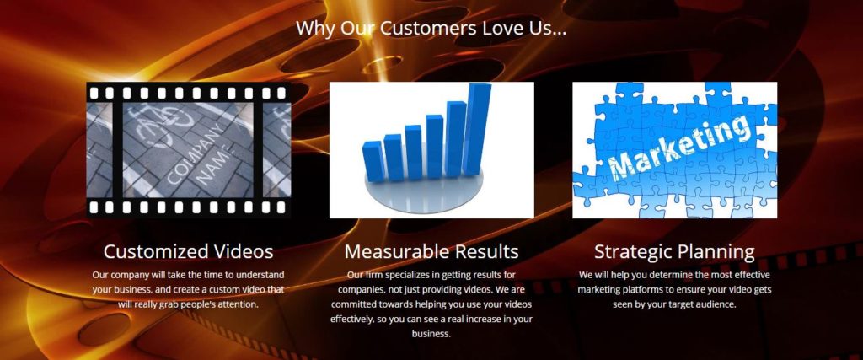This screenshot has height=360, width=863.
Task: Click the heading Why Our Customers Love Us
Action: click(x=431, y=28)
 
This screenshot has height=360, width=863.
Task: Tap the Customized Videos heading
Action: click(x=188, y=251)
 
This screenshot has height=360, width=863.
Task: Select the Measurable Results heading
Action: click(x=431, y=251)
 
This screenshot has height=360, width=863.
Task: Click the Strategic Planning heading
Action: click(x=674, y=252)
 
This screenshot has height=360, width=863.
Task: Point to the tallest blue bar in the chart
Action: click(x=477, y=129)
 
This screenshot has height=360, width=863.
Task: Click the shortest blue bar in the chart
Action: click(x=373, y=161)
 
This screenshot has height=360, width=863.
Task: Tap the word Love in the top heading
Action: click(x=504, y=28)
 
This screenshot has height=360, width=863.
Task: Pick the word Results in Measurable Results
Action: click(x=483, y=251)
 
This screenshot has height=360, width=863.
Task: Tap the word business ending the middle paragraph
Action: click(x=431, y=334)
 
